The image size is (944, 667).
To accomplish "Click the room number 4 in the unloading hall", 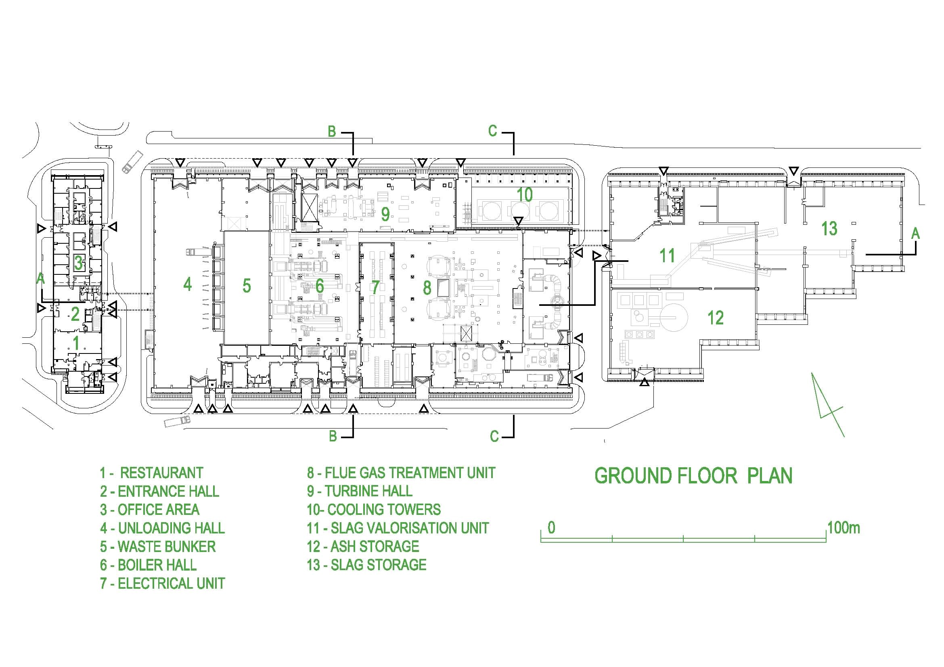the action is click(x=188, y=284).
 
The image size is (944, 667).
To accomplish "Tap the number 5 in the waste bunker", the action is click(x=247, y=286).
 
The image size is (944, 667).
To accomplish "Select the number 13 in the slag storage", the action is click(x=829, y=228).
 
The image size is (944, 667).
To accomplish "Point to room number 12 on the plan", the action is click(x=716, y=318).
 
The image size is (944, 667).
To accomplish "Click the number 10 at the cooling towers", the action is click(x=524, y=195).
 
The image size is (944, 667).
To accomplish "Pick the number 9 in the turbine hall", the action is click(x=385, y=214).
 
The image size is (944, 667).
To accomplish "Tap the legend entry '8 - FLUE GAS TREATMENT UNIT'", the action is click(x=401, y=473).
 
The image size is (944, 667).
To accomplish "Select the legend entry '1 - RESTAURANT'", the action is click(x=152, y=473).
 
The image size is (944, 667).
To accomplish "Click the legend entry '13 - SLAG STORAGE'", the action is click(x=366, y=565).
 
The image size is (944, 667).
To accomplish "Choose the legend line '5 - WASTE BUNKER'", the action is click(x=158, y=547).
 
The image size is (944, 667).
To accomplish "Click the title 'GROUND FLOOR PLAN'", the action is click(x=694, y=475).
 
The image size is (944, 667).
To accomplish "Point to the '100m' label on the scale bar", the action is click(x=844, y=528).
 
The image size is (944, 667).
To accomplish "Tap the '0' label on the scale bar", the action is click(x=551, y=528).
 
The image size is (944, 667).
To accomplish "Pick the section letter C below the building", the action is click(x=494, y=436).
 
